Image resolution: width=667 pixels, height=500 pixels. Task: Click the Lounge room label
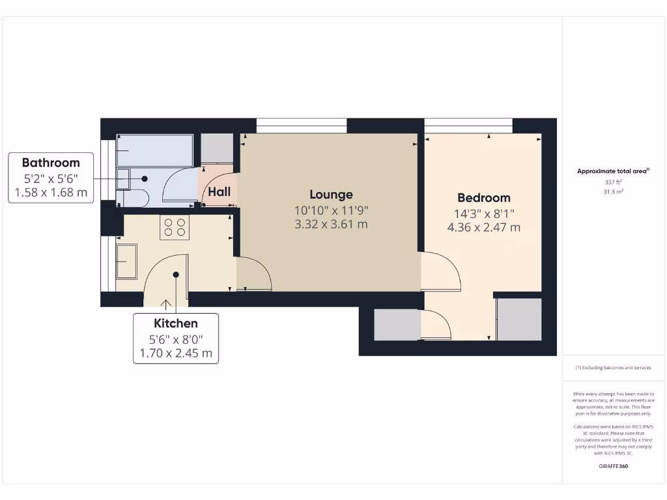click(x=331, y=194)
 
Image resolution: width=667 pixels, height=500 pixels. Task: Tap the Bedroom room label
click(x=483, y=198)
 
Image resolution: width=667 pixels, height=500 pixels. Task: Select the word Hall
click(x=219, y=192)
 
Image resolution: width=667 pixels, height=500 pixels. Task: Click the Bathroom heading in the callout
click(x=51, y=163)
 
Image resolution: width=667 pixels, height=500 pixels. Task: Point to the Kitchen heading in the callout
click(x=175, y=323)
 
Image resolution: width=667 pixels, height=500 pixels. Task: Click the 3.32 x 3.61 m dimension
click(x=331, y=225)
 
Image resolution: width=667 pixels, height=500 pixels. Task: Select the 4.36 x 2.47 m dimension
click(x=483, y=228)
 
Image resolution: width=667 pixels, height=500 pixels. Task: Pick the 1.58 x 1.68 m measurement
click(x=51, y=193)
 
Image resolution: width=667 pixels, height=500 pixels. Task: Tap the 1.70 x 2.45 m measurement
click(x=175, y=354)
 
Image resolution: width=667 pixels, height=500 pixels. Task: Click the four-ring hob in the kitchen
click(x=175, y=227)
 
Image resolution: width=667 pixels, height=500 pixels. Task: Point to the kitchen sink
click(x=127, y=262)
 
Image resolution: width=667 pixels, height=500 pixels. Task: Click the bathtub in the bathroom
click(x=154, y=150)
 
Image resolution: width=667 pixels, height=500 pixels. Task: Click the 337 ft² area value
click(x=613, y=182)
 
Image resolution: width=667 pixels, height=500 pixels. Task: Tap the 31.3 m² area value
click(x=613, y=191)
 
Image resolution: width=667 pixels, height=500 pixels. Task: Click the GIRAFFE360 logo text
click(x=613, y=466)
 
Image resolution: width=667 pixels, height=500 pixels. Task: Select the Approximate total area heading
click(x=612, y=171)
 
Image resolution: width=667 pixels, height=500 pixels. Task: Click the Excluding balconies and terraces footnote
click(x=613, y=368)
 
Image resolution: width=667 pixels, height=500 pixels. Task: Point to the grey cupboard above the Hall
click(x=217, y=148)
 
